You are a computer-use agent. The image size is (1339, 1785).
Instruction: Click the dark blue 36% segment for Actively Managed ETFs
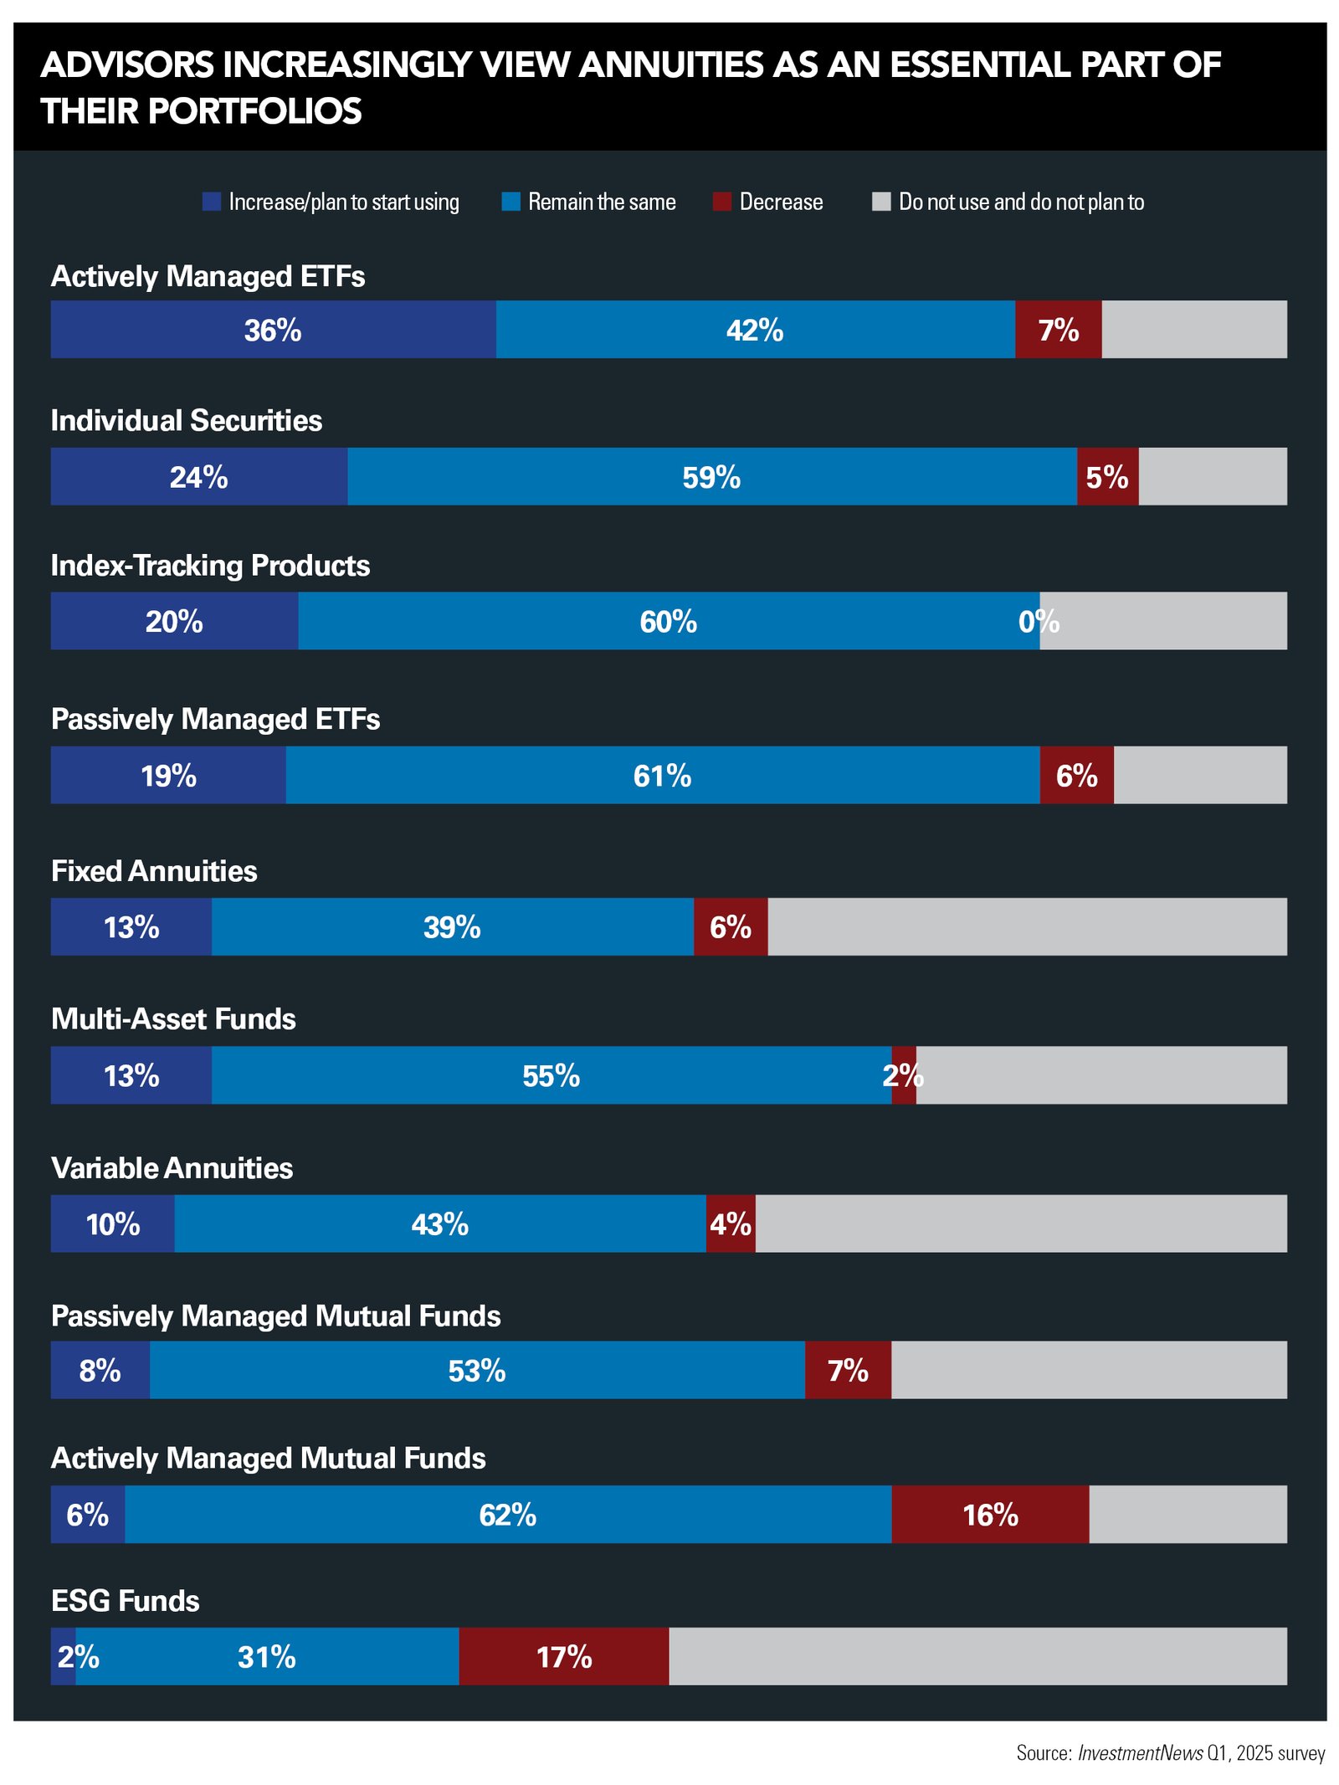pos(273,330)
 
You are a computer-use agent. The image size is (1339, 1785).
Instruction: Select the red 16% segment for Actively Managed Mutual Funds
pos(990,1514)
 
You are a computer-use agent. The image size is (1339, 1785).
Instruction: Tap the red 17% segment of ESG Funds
pos(563,1656)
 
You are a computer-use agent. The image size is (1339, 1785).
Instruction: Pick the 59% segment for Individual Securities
pos(711,477)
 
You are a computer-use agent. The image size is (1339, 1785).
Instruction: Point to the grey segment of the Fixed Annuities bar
pos(1027,926)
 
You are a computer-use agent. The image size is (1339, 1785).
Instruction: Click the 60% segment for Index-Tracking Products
pos(668,621)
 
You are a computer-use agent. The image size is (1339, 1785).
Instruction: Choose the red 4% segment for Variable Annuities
pos(731,1223)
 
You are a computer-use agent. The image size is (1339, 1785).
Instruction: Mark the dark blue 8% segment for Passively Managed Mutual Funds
pos(100,1370)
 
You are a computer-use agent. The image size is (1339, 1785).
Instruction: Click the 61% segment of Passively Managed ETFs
pos(662,775)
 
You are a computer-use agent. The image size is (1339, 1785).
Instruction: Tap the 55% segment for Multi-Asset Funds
pos(551,1075)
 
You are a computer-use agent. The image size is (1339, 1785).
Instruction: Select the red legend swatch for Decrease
pos(721,202)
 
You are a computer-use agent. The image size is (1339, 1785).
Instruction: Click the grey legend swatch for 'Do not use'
pos(880,202)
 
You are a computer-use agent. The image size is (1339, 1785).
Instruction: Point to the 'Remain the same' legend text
pos(602,203)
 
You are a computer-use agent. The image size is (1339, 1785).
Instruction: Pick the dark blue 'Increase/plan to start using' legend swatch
pos(211,202)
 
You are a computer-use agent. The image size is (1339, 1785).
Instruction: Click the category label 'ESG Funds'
pos(126,1600)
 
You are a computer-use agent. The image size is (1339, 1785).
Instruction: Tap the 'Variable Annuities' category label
pos(172,1167)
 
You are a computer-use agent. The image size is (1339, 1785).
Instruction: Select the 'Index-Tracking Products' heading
pos(210,566)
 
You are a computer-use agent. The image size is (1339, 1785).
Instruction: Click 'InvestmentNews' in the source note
pos(1139,1752)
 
